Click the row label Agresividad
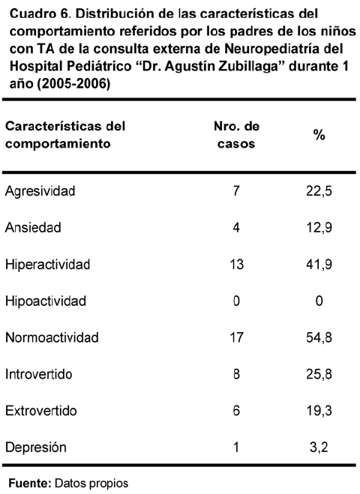point(40,192)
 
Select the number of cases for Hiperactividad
point(236,265)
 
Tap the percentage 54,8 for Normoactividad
point(319,338)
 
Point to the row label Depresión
point(36,448)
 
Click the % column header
point(319,135)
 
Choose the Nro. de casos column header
point(236,135)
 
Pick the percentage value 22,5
point(319,191)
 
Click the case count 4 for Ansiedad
point(236,227)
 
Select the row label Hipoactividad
point(46,301)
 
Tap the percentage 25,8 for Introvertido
point(319,374)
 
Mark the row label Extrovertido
point(41,411)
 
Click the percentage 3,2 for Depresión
point(319,448)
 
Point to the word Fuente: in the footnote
point(30,484)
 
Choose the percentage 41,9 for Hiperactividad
point(319,265)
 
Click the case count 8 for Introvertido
point(236,374)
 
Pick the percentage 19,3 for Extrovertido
point(319,411)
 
